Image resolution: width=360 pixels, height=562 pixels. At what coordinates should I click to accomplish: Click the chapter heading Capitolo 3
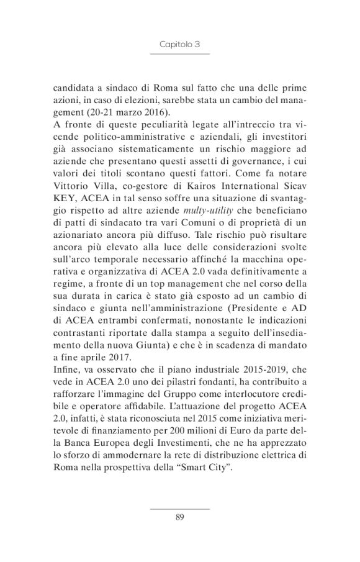coord(179,45)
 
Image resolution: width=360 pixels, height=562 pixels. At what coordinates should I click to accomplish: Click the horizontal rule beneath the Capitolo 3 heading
coord(179,55)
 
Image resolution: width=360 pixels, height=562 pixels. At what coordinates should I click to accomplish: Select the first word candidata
coord(74,88)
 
